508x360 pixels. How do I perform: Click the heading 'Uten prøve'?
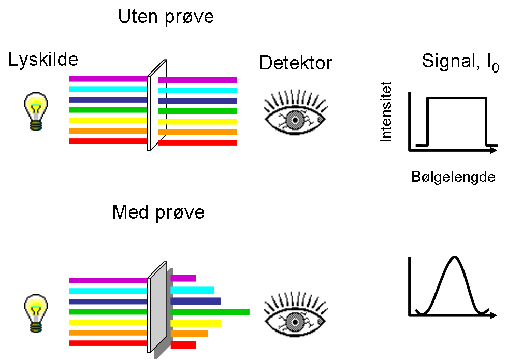coord(166,17)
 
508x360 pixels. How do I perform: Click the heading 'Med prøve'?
coord(158,212)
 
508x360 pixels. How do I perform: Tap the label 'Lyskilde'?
coord(43,60)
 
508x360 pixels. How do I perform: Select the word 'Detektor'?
coord(296,63)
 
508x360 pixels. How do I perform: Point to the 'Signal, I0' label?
coord(460,63)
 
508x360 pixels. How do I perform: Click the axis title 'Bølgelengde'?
coord(453,177)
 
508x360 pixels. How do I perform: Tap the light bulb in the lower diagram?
coord(36,313)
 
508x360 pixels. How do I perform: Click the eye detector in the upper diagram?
coord(295,113)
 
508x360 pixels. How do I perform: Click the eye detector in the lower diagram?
coord(295,315)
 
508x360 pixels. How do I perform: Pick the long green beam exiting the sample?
coord(210,312)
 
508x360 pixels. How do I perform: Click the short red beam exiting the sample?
coord(183,344)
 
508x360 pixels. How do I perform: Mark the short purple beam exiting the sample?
coord(183,278)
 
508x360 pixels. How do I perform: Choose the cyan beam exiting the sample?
coord(192,290)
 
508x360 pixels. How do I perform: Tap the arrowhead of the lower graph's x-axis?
coord(494,315)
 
